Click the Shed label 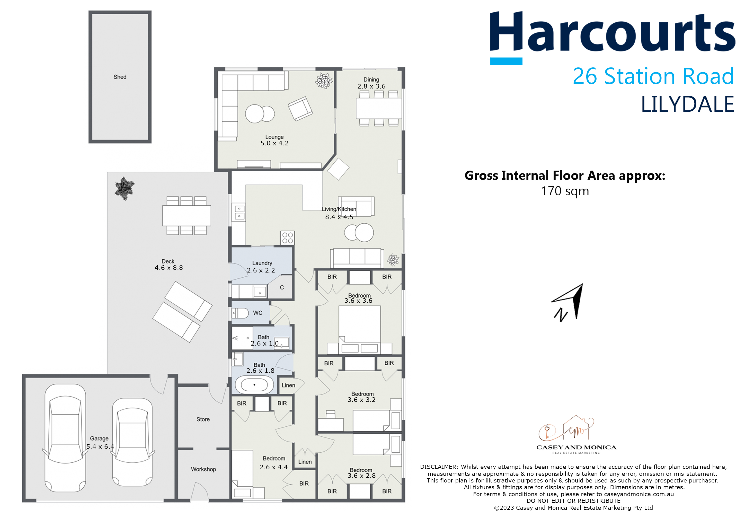click(120, 77)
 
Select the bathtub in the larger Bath click(254, 385)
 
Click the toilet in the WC click(240, 313)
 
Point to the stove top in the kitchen click(288, 238)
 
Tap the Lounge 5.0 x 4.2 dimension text click(274, 143)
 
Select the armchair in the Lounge click(300, 108)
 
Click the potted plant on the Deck click(124, 188)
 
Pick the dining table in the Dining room click(379, 108)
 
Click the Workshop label click(203, 469)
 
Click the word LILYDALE click(687, 104)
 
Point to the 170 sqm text click(565, 191)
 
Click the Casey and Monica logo click(576, 435)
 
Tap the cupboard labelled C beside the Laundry click(282, 287)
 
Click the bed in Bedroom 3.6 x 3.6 click(360, 328)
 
